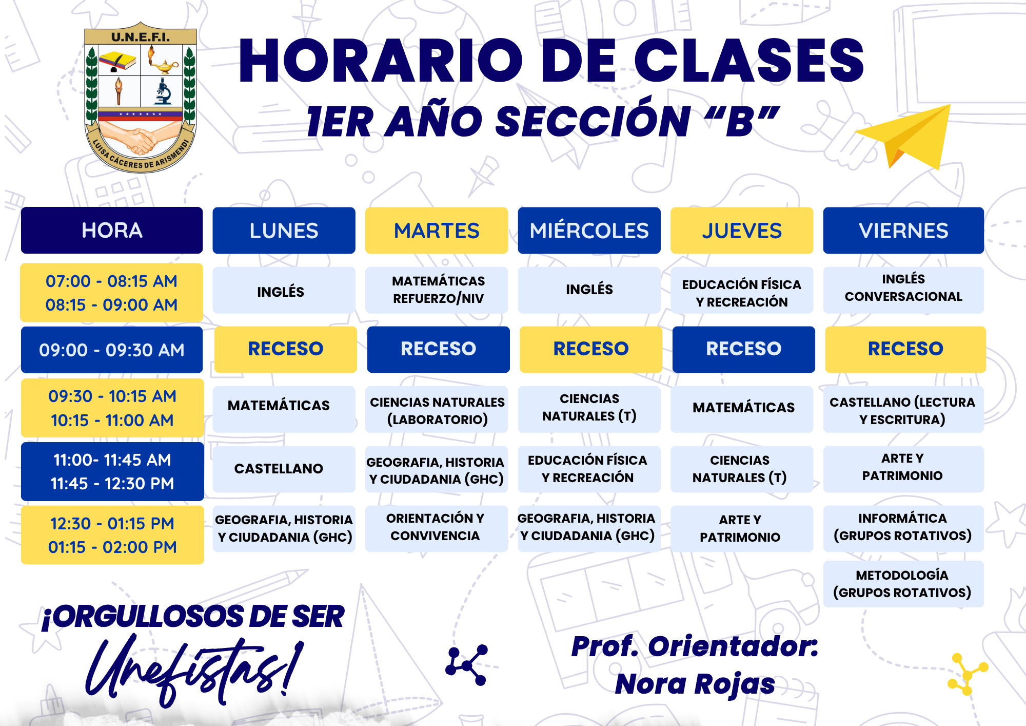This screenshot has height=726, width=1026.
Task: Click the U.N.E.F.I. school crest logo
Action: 140,98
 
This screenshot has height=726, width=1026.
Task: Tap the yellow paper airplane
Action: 905,137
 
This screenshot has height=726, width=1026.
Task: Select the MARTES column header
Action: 437,231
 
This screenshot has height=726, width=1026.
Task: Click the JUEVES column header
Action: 742,231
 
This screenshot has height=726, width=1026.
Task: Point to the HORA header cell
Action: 112,231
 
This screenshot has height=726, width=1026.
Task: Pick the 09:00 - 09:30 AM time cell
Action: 112,350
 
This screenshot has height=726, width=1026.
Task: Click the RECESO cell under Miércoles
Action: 591,349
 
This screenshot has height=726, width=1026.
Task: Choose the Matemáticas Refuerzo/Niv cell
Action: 437,290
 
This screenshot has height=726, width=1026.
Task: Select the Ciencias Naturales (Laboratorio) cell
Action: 437,410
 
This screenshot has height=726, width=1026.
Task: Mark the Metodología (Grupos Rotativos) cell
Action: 903,584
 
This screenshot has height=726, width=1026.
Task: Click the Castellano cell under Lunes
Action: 284,469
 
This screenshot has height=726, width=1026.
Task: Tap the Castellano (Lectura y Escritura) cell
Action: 903,410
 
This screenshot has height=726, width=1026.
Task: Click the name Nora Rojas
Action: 695,684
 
